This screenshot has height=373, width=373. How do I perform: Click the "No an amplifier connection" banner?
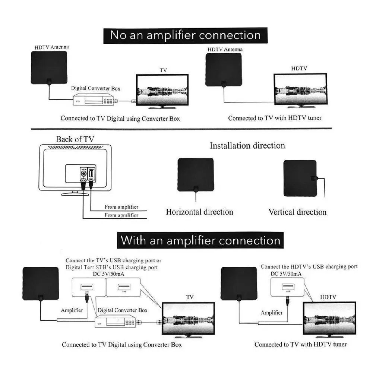point(185,35)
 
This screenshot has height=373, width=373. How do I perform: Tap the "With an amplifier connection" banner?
point(200,240)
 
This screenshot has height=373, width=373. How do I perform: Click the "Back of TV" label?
point(75,139)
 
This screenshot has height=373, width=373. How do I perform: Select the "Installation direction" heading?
point(247,146)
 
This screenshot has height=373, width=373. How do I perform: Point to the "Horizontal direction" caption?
point(199,212)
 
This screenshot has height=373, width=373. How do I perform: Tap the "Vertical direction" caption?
point(297,212)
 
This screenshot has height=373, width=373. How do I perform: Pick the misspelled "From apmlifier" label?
point(121,215)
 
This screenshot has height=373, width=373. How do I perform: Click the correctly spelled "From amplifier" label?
point(121,207)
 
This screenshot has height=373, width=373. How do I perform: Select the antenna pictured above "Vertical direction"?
point(300,178)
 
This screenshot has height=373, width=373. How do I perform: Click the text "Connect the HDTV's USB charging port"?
point(309,267)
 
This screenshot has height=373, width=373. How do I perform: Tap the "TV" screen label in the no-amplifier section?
point(163,70)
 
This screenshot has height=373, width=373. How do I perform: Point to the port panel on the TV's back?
point(80,173)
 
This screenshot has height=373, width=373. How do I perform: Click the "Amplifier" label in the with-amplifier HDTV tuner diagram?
point(271,312)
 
